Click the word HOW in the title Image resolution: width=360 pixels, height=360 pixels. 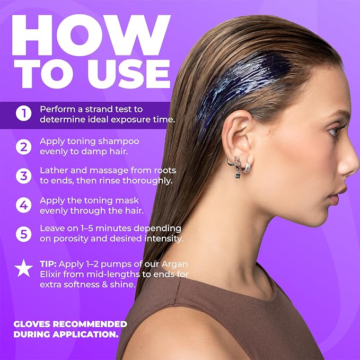[x=91, y=35]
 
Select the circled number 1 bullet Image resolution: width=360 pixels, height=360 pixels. [x=24, y=113]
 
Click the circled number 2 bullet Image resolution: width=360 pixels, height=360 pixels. [x=24, y=147]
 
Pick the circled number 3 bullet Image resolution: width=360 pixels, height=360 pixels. [x=24, y=176]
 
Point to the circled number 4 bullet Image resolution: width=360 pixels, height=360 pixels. [x=24, y=205]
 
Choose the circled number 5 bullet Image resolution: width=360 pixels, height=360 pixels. [x=24, y=234]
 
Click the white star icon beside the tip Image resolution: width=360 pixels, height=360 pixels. [x=24, y=268]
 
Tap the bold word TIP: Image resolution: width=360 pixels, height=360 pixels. [x=48, y=264]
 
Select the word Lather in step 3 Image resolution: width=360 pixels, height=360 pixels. [x=54, y=170]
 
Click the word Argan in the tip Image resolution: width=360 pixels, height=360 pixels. [x=174, y=265]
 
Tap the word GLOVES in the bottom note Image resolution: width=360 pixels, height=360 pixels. [x=32, y=324]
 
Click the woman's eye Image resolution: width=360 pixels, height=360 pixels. [x=333, y=132]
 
